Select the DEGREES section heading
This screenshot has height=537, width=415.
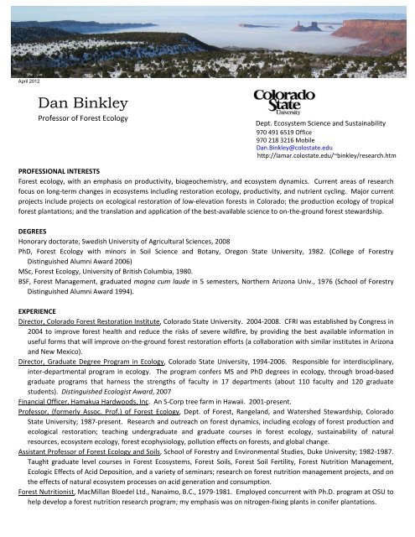tap(34, 227)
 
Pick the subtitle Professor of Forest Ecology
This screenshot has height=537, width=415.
tap(81, 119)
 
